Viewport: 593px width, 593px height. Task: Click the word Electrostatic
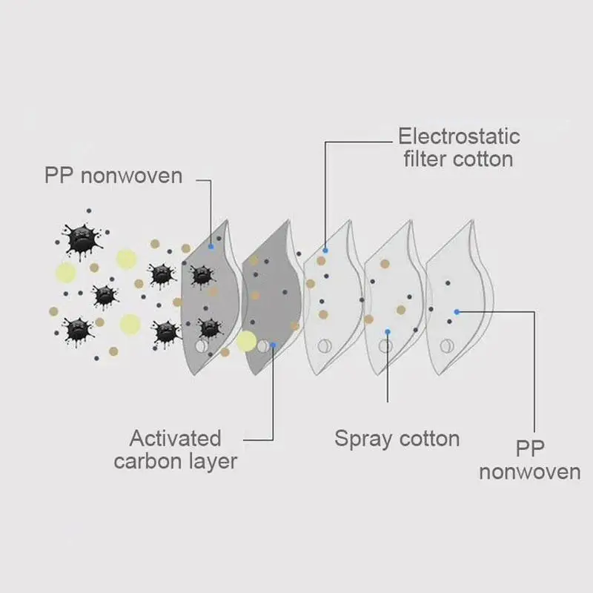pyautogui.click(x=459, y=136)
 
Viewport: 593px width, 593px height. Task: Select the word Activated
pyautogui.click(x=176, y=437)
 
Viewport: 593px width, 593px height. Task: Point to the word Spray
pyautogui.click(x=363, y=438)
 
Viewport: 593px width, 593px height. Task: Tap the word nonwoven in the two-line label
pyautogui.click(x=530, y=472)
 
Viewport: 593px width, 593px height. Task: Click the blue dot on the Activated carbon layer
pyautogui.click(x=274, y=345)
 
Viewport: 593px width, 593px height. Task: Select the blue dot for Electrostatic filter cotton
pyautogui.click(x=325, y=251)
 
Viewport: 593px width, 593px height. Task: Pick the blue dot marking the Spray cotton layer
pyautogui.click(x=387, y=331)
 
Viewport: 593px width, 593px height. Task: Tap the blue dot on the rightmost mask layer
pyautogui.click(x=457, y=311)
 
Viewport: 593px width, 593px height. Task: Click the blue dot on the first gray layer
pyautogui.click(x=211, y=245)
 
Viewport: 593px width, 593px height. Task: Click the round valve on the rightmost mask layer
pyautogui.click(x=446, y=345)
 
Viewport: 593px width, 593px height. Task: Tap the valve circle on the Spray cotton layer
pyautogui.click(x=385, y=345)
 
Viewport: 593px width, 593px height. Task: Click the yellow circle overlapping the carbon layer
pyautogui.click(x=247, y=342)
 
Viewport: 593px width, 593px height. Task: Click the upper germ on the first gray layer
pyautogui.click(x=200, y=276)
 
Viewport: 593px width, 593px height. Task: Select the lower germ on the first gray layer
pyautogui.click(x=209, y=326)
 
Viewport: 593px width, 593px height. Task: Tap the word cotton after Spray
pyautogui.click(x=430, y=438)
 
